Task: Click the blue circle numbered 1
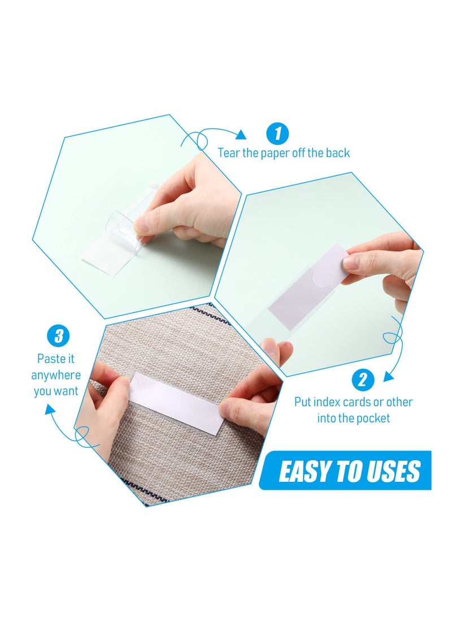277,134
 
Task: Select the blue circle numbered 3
58,336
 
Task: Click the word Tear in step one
230,153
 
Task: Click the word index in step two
328,402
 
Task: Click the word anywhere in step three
56,375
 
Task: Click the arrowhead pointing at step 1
241,134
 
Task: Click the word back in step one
337,153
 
